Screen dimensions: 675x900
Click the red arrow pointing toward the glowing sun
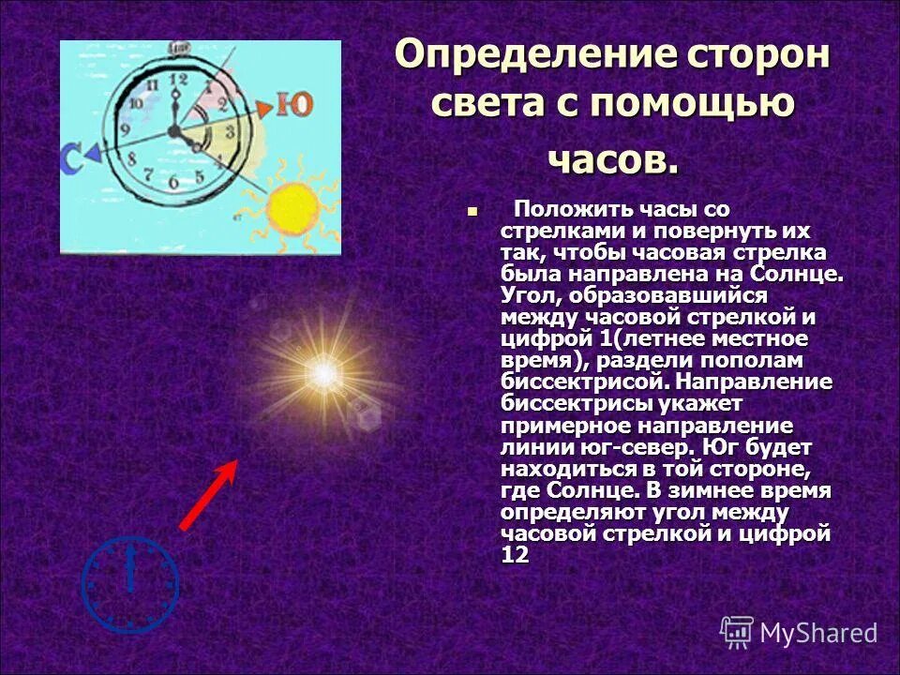[207, 496]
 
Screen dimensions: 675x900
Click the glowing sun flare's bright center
[324, 376]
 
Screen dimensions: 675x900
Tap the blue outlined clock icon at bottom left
[129, 583]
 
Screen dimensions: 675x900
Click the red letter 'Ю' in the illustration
[295, 104]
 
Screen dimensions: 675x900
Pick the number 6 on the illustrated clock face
[173, 181]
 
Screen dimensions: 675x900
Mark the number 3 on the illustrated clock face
[228, 131]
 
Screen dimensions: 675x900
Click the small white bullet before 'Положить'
[472, 211]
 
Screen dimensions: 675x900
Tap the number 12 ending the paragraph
[515, 555]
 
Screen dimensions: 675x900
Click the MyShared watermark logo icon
[737, 633]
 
